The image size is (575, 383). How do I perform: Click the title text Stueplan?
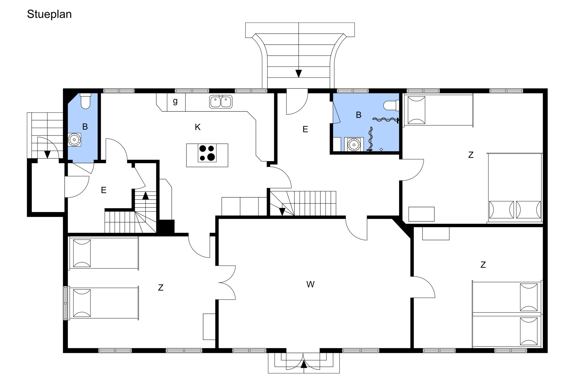(x=49, y=15)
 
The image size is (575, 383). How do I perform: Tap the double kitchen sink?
(x=221, y=102)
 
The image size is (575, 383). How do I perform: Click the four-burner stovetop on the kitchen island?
(x=207, y=153)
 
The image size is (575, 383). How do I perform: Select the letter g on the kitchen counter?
(x=175, y=101)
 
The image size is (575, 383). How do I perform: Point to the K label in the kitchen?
(x=197, y=127)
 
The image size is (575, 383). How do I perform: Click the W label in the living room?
(x=310, y=284)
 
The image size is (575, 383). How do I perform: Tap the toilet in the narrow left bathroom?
(x=85, y=101)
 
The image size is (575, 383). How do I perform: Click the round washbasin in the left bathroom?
(x=74, y=140)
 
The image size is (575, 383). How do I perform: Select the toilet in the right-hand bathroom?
(x=391, y=105)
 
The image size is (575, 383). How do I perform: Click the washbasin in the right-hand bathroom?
(x=354, y=144)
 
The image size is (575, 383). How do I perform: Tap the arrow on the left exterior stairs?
(x=47, y=154)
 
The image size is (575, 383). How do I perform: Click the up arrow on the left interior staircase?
(x=145, y=196)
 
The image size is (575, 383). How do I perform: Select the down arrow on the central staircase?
(x=282, y=212)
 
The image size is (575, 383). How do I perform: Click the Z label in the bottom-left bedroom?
(x=161, y=288)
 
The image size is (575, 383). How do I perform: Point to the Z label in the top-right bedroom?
(x=471, y=155)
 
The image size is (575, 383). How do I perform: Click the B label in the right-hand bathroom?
(x=359, y=115)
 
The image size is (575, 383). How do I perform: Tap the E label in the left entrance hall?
(x=104, y=190)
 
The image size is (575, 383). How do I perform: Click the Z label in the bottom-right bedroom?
(x=483, y=265)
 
